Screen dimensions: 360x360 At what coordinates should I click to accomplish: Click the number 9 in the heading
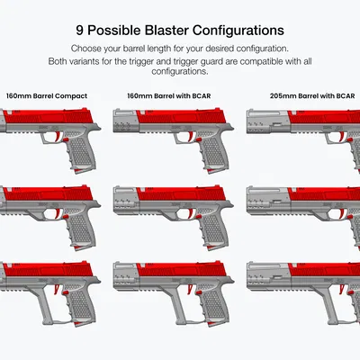coord(79,31)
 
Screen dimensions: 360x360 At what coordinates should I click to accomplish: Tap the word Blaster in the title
coord(166,31)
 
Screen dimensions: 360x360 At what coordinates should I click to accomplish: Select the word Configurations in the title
coord(238,31)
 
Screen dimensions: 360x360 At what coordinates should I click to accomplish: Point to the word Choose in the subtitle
coord(85,49)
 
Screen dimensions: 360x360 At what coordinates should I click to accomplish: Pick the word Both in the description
coord(58,61)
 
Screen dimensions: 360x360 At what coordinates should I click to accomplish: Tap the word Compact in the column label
coord(71,96)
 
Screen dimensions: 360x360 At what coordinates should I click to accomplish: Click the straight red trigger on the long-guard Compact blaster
coord(56,289)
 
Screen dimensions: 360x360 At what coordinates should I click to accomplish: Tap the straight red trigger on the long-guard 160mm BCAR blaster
coord(189,289)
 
